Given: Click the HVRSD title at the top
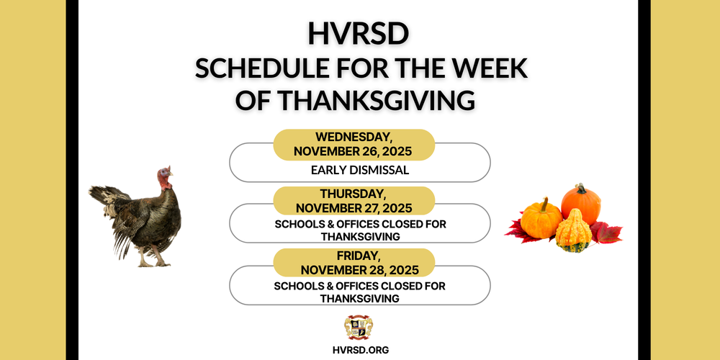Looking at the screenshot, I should [x=359, y=35].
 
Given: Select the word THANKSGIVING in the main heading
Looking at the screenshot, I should [x=376, y=99].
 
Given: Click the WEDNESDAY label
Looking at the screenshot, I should [x=354, y=137].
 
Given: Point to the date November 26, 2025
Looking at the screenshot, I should [x=353, y=152].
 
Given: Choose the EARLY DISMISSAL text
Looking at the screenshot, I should [x=360, y=171].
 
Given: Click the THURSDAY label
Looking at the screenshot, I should [x=354, y=194].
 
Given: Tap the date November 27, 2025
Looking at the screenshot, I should [x=354, y=208].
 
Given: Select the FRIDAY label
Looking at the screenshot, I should [x=354, y=256].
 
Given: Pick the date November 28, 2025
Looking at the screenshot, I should [x=354, y=270].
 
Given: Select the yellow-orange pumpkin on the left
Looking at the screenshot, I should [x=541, y=220].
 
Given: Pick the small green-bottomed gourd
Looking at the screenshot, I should [x=574, y=232].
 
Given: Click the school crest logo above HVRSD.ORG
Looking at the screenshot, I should [x=359, y=327].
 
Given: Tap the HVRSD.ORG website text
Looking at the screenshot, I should [x=359, y=350].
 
